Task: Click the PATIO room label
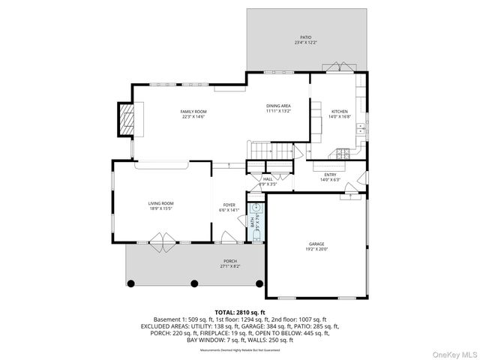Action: pyautogui.click(x=305, y=37)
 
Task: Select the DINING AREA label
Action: pyautogui.click(x=278, y=106)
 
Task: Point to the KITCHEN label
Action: pyautogui.click(x=340, y=111)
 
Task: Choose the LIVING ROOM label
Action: pyautogui.click(x=160, y=203)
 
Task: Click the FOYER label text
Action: pyautogui.click(x=229, y=205)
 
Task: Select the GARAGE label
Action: pyautogui.click(x=316, y=244)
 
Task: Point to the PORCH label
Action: pyautogui.click(x=229, y=261)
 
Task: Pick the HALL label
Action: pyautogui.click(x=268, y=178)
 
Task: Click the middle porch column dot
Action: pyautogui.click(x=194, y=283)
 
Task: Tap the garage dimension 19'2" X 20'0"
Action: pyautogui.click(x=316, y=250)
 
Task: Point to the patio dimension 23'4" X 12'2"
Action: pyautogui.click(x=305, y=43)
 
